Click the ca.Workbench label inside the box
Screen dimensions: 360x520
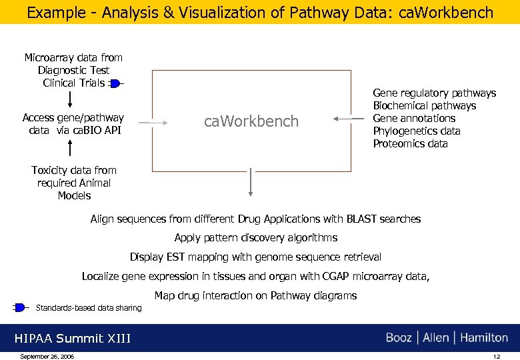[x=251, y=121]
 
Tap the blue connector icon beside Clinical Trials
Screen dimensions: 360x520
[x=115, y=83]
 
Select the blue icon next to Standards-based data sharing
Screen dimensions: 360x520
[x=20, y=307]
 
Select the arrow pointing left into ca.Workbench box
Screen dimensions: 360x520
[x=345, y=119]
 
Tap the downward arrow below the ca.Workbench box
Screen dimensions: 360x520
[x=251, y=182]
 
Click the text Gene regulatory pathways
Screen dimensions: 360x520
[x=434, y=93]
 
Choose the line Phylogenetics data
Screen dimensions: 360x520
[x=416, y=131]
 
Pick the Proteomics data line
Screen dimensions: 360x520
[x=410, y=144]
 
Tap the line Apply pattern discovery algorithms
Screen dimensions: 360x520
[x=255, y=238]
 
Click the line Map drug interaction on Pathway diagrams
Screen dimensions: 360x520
[x=255, y=295]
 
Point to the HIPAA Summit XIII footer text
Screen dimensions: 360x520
[x=73, y=339]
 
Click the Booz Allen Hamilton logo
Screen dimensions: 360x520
[x=447, y=338]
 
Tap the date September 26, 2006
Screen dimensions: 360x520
[x=47, y=357]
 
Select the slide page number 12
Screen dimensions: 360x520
[x=496, y=357]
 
